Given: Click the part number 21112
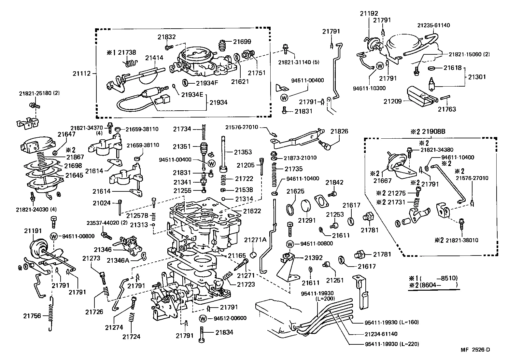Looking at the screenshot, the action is pos(81,74).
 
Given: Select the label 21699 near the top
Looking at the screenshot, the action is pos(242,42).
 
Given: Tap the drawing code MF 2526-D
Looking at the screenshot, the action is pos(475,350).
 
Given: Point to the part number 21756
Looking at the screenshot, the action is pos(32,316).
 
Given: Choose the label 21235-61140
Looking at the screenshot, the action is pos(434,25).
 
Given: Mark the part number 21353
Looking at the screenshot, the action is pos(243,152).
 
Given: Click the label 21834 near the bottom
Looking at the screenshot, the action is pos(224,332).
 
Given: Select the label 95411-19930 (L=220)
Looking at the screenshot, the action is pos(392,344).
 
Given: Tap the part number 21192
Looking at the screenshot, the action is pos(369,14).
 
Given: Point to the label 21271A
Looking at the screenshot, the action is pos(255,240).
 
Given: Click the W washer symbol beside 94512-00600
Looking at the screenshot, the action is pos(203,319).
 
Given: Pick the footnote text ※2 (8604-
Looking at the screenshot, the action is pos(425,285).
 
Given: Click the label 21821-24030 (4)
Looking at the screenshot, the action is pos(36,209).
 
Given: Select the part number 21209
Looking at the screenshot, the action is pos(392,101).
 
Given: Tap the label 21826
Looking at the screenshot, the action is pos(339,131).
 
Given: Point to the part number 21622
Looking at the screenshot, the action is pos(252,211).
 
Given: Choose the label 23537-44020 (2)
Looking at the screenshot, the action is pos(107,223).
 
